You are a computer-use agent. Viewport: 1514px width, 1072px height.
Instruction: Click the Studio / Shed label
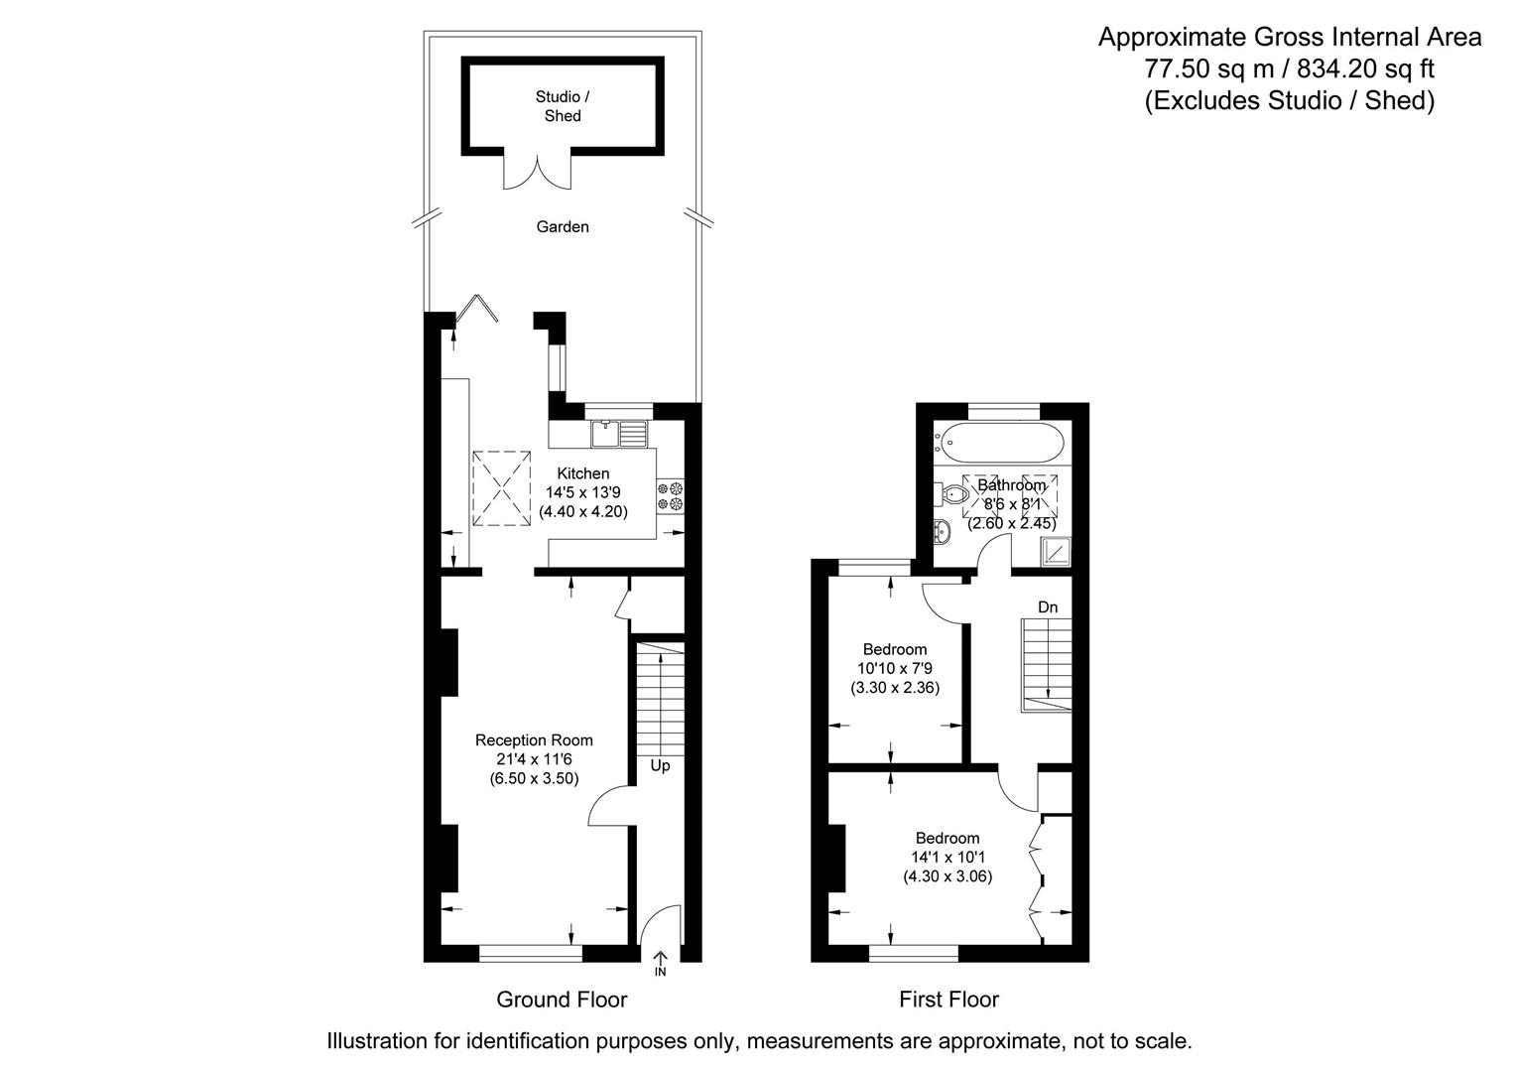tap(563, 106)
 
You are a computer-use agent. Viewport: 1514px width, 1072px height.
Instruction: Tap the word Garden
tap(563, 226)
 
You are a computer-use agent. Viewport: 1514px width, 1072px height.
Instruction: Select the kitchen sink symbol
tap(618, 433)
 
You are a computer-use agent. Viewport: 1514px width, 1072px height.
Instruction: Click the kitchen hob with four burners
tap(671, 496)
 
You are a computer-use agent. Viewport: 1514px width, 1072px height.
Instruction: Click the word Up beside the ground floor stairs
tap(660, 765)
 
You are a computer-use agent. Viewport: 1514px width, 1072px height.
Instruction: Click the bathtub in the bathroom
tap(1003, 441)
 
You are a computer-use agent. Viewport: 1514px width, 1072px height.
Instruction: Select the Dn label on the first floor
tap(1048, 606)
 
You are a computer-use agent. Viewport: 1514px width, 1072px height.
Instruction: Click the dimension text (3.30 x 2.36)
tap(895, 687)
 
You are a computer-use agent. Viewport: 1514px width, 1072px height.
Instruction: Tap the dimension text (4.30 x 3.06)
tap(947, 876)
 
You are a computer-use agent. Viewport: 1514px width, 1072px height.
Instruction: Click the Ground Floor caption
tap(562, 1000)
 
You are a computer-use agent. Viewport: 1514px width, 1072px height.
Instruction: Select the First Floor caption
tap(948, 1000)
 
